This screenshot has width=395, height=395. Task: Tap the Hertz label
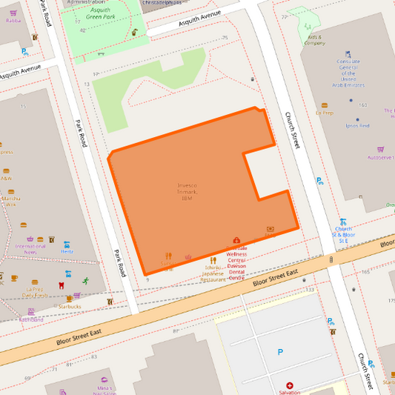[x=67, y=251]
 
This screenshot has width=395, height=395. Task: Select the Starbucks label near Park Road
[x=70, y=306]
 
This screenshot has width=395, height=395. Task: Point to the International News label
[x=30, y=249]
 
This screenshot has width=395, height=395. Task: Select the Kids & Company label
[x=314, y=40]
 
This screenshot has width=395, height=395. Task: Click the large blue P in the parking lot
[x=279, y=352]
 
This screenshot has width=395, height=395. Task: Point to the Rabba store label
[x=13, y=21]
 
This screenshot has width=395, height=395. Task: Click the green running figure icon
[x=86, y=281]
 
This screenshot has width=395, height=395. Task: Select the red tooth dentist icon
[x=61, y=285]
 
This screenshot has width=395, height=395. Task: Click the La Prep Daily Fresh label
[x=34, y=292]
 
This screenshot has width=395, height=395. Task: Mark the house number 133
[x=310, y=289]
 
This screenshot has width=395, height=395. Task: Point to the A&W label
[x=7, y=179]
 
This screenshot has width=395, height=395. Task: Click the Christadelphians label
[x=161, y=3]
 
